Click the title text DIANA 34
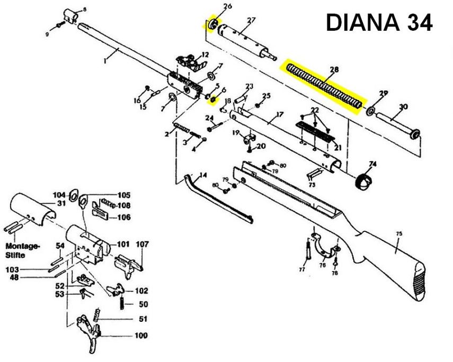(x=379, y=22)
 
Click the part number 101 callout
(x=124, y=244)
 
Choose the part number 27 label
(x=251, y=21)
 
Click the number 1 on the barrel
(x=105, y=61)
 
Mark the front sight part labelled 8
(x=69, y=14)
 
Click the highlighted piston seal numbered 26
(x=213, y=24)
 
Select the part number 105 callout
(x=124, y=195)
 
